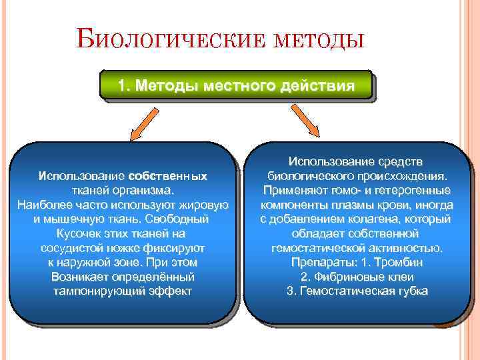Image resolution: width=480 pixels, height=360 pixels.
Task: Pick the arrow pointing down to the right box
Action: tap(309, 125)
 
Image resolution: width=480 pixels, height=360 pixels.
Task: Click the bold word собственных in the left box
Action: tap(167, 176)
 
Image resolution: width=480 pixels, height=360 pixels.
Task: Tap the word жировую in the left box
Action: tap(205, 205)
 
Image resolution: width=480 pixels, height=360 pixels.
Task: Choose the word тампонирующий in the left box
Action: tap(92, 292)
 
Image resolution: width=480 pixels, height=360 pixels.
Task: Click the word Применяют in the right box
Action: tap(292, 190)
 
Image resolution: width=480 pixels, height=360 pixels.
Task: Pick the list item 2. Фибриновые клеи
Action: tap(357, 277)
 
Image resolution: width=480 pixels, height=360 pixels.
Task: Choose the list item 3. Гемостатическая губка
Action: tap(357, 292)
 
